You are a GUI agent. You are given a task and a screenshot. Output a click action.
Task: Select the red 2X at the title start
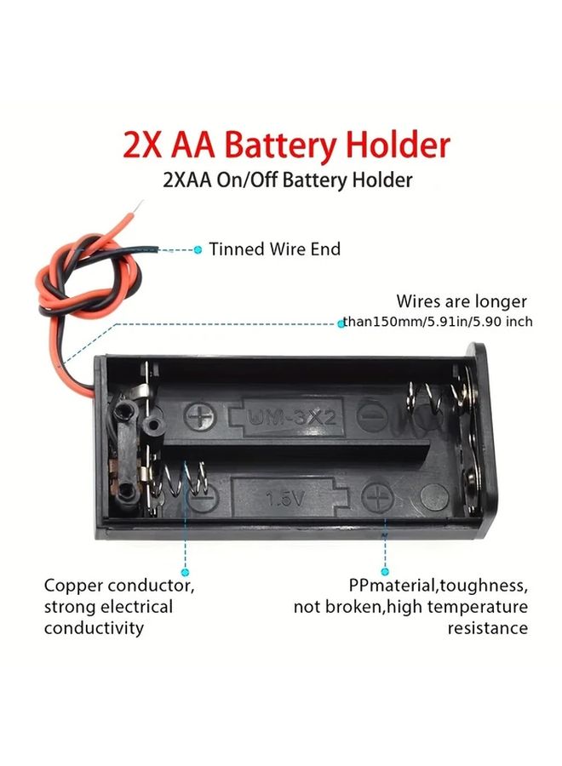click(x=141, y=145)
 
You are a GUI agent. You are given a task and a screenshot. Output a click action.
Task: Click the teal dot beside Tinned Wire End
click(x=198, y=249)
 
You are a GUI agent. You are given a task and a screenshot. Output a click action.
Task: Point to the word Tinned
click(x=237, y=249)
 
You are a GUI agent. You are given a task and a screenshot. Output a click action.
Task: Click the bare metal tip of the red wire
click(x=140, y=204)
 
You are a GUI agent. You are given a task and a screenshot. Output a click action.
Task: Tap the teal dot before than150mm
click(x=341, y=323)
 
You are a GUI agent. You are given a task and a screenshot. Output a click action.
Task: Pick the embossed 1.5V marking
click(x=285, y=498)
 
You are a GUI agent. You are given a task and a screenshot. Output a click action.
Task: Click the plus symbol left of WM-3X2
click(x=200, y=417)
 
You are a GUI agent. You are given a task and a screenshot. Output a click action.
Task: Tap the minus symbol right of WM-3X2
click(x=372, y=416)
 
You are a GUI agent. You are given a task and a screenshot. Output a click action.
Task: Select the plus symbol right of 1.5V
click(x=377, y=497)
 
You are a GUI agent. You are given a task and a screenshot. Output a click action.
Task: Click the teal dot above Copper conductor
click(x=185, y=572)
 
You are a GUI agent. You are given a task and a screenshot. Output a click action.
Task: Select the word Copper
click(x=73, y=586)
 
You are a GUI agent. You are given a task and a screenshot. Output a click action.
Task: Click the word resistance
click(x=488, y=628)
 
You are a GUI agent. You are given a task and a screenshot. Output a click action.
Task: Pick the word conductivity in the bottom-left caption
click(x=94, y=628)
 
